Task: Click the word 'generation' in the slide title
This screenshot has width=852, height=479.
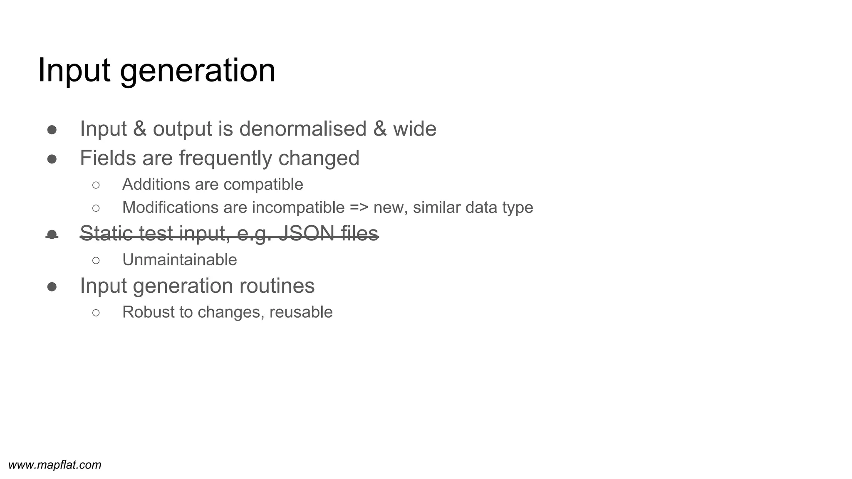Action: tap(198, 71)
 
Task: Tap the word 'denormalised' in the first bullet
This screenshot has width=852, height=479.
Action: tap(302, 128)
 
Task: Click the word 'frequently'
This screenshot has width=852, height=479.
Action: tap(225, 158)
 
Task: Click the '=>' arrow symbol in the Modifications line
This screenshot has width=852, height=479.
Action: tap(359, 207)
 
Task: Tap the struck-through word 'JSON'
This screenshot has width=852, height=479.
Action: tap(306, 233)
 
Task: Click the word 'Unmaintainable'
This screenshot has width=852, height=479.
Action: tap(179, 260)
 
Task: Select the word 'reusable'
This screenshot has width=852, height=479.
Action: tap(301, 312)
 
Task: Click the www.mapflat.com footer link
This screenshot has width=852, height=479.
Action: tap(55, 465)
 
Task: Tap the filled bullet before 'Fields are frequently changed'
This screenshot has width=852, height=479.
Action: tap(52, 159)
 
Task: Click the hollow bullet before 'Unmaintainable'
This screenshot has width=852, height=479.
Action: tap(96, 260)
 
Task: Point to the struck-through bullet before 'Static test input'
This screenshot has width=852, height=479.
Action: tap(52, 235)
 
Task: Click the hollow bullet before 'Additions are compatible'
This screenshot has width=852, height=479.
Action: tap(96, 185)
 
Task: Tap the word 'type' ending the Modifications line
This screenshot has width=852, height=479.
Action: tap(518, 207)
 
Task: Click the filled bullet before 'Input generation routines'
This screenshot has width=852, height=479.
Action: tap(52, 286)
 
